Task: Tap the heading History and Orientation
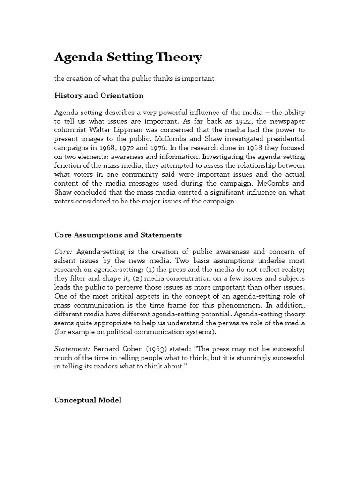coord(99,95)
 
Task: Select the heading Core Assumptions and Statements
coord(118,235)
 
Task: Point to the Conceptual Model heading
coord(88,387)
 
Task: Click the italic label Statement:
coord(72,349)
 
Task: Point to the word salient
coord(66,261)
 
